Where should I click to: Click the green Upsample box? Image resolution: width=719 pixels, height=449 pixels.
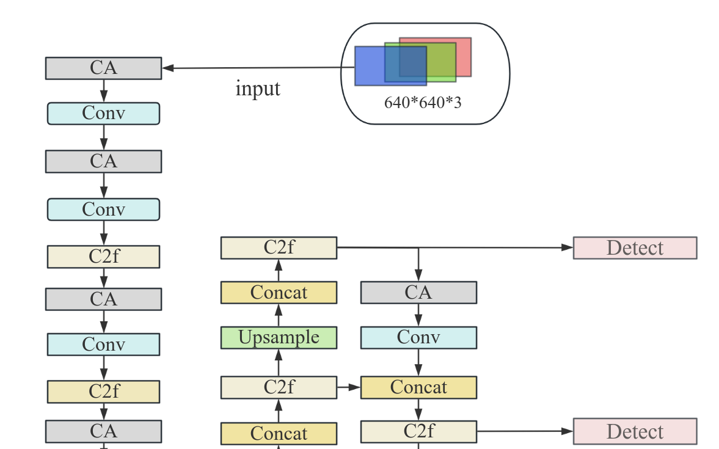click(279, 337)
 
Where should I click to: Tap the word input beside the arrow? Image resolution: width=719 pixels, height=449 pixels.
click(258, 89)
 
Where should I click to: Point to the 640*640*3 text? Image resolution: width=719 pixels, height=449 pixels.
click(423, 103)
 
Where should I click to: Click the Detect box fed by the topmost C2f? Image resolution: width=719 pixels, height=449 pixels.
click(635, 248)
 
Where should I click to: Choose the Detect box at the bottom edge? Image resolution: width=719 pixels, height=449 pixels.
click(635, 431)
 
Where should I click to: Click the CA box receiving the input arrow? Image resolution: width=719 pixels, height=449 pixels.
click(103, 68)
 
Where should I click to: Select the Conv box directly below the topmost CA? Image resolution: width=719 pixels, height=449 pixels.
click(103, 114)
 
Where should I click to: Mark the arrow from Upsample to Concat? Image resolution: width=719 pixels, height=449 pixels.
click(279, 315)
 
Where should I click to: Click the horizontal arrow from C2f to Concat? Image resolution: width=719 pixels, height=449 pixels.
click(348, 387)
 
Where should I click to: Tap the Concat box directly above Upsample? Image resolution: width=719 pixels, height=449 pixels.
click(279, 293)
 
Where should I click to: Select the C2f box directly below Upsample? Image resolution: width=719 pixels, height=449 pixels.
click(279, 387)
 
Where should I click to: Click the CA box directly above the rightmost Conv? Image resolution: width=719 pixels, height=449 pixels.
click(418, 293)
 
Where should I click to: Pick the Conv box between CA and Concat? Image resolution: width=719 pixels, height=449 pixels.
click(418, 337)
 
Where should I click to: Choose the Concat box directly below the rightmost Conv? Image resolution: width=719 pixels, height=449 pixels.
click(418, 387)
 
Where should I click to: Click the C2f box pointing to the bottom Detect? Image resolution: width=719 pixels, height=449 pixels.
click(418, 431)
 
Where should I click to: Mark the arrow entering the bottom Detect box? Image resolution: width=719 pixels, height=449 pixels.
click(525, 431)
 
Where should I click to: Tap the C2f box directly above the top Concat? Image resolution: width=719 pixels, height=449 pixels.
click(279, 248)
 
